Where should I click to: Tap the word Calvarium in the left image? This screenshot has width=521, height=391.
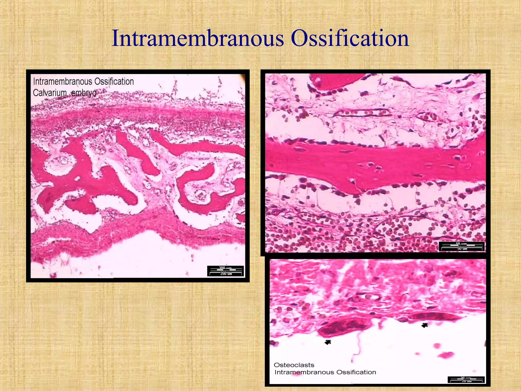pos(50,93)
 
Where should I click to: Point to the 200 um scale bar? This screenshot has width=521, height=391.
pos(226,271)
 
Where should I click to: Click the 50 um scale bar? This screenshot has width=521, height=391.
pos(462,246)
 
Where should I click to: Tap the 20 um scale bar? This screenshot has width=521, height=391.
pos(466,380)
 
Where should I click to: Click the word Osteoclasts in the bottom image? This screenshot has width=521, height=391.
pos(294,365)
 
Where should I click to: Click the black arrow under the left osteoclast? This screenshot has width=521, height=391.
pos(328,342)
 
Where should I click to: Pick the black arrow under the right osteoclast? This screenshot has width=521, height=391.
pos(425,325)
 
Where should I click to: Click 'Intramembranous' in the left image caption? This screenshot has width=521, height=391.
pos(62,82)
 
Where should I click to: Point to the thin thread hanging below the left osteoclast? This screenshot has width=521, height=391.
pos(358,344)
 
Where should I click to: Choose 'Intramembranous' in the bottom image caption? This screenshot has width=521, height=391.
pos(304,372)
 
